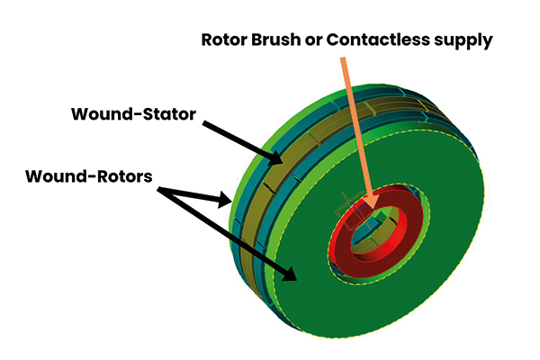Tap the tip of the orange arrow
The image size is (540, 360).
click(x=369, y=200)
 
